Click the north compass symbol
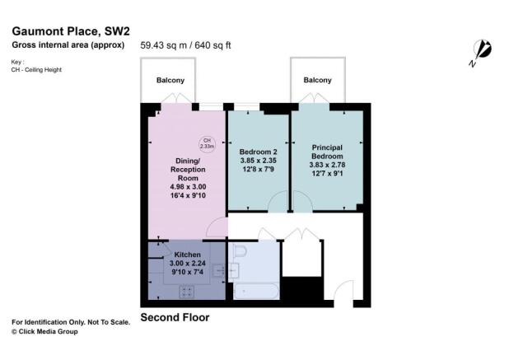click(x=482, y=51)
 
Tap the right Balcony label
click(x=317, y=80)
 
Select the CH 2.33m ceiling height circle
click(x=206, y=143)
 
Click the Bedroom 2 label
click(x=258, y=152)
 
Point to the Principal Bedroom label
click(x=326, y=152)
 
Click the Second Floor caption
click(x=175, y=317)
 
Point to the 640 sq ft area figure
click(x=212, y=45)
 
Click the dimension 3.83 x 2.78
click(x=326, y=163)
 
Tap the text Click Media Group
click(x=48, y=331)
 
